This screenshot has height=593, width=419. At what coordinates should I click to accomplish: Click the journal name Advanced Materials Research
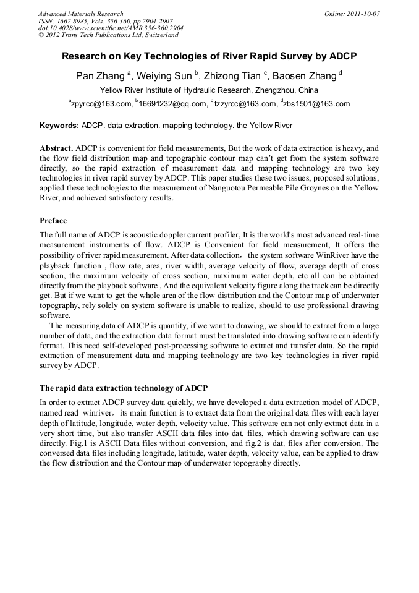[80, 14]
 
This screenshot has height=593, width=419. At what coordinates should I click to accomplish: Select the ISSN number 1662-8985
[77, 21]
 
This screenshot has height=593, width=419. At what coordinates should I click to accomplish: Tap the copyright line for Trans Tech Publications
[108, 35]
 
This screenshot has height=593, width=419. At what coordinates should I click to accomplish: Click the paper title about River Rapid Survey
[209, 56]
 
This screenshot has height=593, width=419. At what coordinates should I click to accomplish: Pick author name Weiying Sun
[165, 76]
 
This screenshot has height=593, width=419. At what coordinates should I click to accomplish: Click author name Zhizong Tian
[233, 76]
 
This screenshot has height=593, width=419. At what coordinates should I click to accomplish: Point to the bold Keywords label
[59, 126]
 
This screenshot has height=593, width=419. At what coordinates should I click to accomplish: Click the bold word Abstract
[57, 149]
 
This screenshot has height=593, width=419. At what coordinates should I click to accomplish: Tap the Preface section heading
[53, 221]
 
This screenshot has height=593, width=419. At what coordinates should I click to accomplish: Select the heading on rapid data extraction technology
[124, 388]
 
